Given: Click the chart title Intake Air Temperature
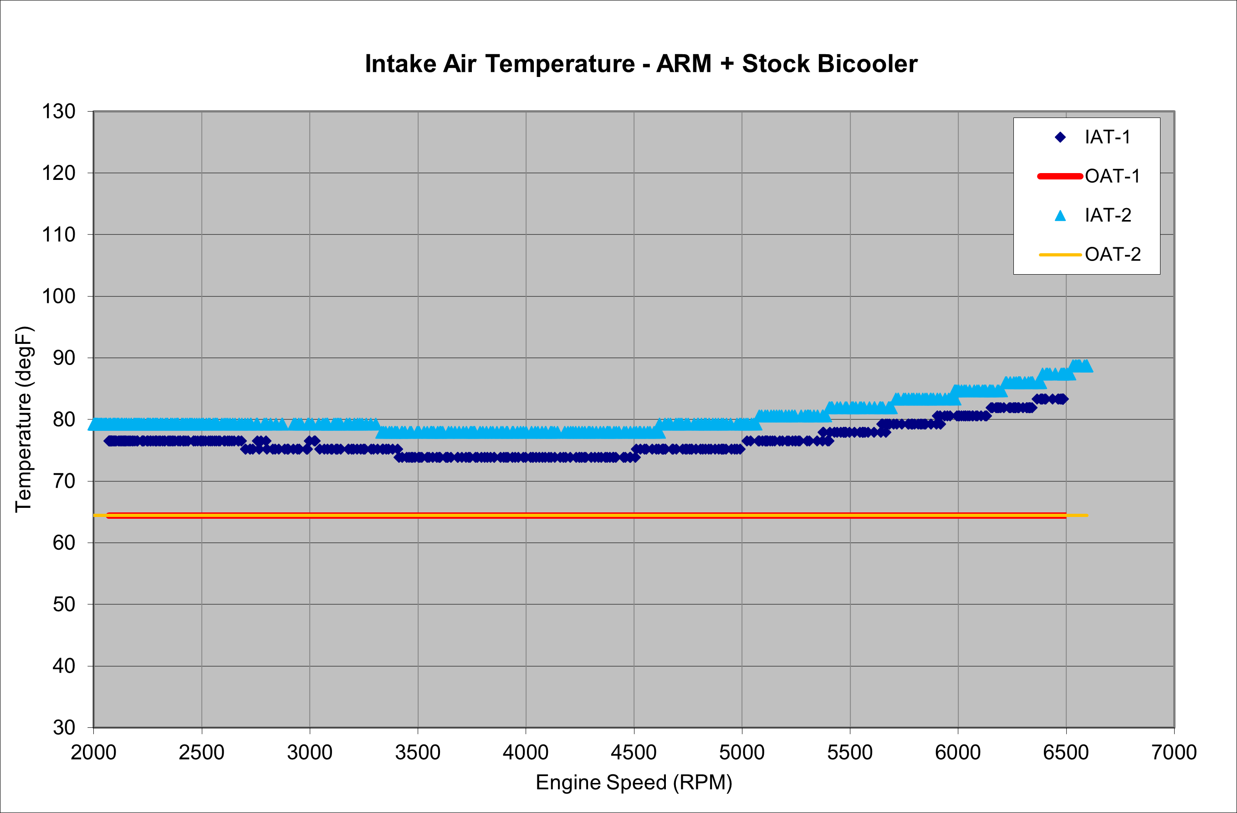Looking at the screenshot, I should [x=641, y=64].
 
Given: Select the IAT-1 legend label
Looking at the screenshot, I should [x=1108, y=137].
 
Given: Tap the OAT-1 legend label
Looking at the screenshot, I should [x=1112, y=176].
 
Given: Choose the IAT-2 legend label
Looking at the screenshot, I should [x=1108, y=215].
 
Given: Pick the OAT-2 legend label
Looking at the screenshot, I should [x=1112, y=254].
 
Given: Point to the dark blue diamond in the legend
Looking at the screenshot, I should [x=1060, y=137].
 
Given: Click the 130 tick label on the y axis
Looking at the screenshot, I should [x=58, y=111].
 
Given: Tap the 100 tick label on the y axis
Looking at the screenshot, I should [x=58, y=297].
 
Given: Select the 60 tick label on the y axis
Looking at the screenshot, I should [x=64, y=543].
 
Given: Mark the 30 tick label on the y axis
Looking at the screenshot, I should [x=64, y=727].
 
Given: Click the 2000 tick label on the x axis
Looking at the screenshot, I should [x=93, y=752].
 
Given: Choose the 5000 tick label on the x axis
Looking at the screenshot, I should [x=741, y=752].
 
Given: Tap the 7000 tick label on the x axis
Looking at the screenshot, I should [x=1174, y=752].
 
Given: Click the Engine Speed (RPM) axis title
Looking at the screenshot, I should [x=634, y=782].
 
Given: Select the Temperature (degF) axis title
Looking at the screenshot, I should [x=24, y=419].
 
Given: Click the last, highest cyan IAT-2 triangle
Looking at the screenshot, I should [x=1086, y=366].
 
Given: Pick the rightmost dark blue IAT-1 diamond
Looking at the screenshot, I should [x=1063, y=399].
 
